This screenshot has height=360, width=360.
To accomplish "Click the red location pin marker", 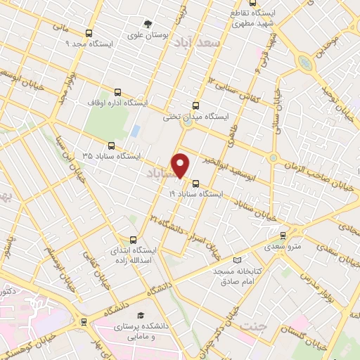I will click(181, 165).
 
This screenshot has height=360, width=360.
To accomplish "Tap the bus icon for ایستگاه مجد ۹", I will click(89, 33).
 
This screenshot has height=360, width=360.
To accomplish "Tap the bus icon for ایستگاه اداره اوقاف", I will click(117, 92).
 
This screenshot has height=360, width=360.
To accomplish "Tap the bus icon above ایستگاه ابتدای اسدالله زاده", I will click(134, 239).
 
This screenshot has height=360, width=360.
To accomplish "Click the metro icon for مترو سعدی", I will click(283, 236).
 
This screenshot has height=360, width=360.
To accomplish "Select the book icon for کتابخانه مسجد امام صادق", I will click(236, 260).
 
